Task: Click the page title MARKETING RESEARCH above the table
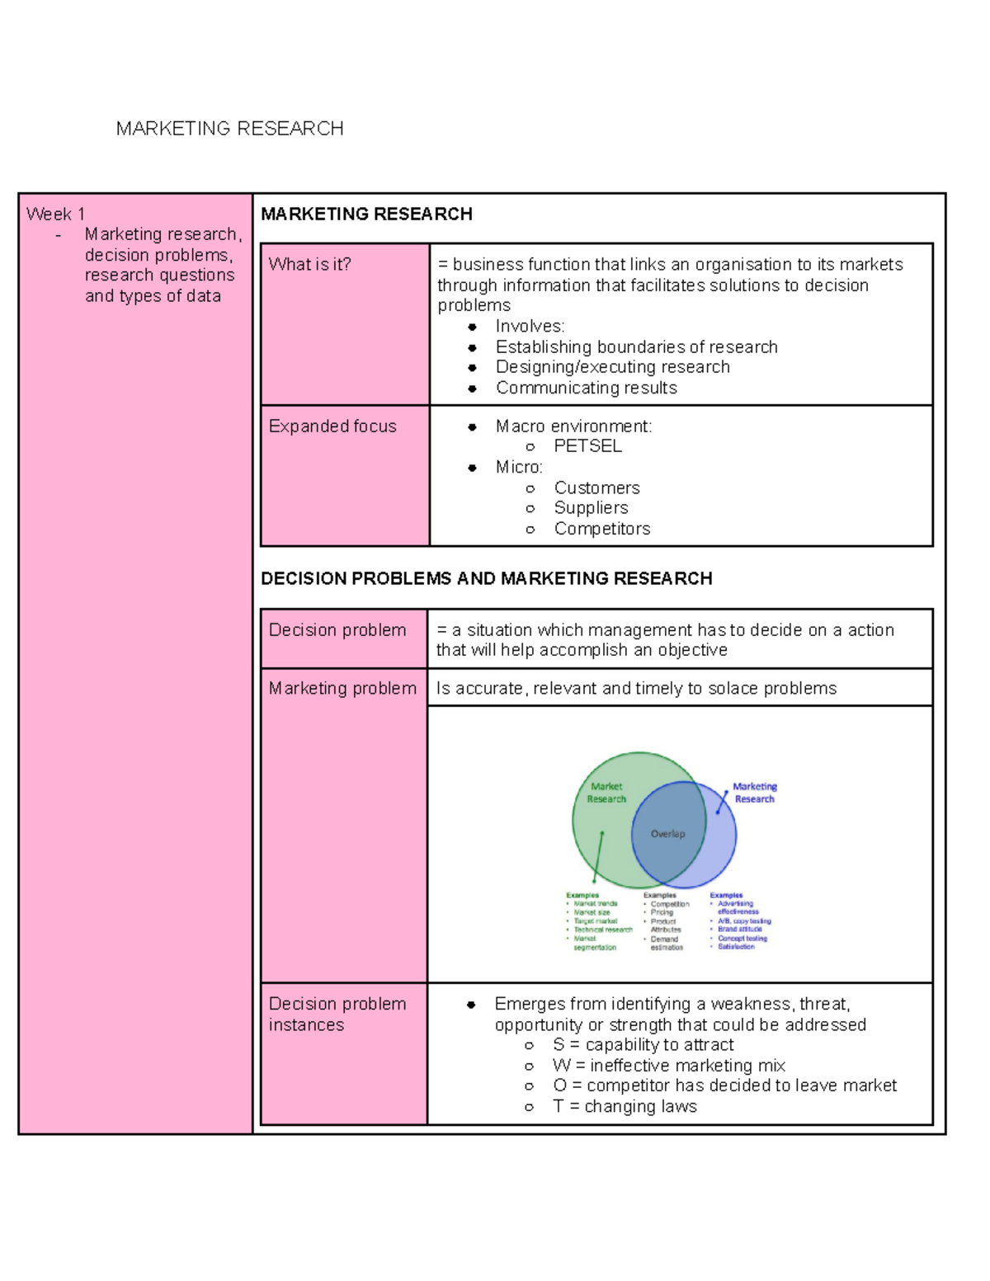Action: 229,129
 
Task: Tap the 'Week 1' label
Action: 55,214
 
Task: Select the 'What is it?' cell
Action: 309,265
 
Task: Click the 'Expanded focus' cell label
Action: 332,426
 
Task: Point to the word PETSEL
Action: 587,446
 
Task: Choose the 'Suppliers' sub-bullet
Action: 591,508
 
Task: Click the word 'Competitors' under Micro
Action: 602,529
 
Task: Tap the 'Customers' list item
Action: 596,488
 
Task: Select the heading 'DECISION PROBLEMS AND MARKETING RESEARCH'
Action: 486,578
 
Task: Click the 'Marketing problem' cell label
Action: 342,688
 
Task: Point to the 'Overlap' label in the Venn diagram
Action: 667,834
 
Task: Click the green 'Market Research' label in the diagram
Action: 606,793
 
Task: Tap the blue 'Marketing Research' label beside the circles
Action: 755,793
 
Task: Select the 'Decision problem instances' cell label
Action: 337,1014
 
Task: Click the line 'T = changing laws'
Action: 625,1106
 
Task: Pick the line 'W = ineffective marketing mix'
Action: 668,1066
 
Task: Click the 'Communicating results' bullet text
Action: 586,388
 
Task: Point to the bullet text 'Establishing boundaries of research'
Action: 636,347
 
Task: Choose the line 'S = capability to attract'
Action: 643,1045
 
